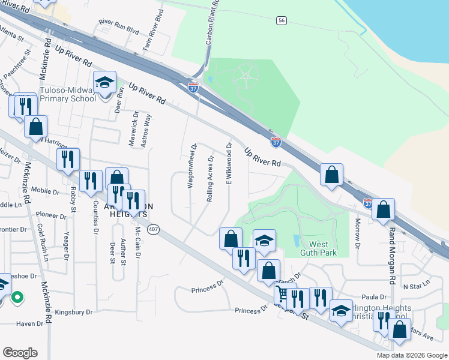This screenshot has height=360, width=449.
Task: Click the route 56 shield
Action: [x=281, y=20]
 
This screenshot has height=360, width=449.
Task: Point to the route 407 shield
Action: [x=154, y=229]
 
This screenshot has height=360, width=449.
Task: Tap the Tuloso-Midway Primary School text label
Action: [x=67, y=95]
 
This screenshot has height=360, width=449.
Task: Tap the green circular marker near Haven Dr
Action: [x=17, y=296]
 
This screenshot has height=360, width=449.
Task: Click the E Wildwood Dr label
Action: [x=229, y=163]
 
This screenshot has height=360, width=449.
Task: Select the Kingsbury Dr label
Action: [x=73, y=313]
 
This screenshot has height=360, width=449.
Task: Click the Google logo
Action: [x=20, y=353]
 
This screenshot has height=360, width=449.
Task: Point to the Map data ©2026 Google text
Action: [x=412, y=355]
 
